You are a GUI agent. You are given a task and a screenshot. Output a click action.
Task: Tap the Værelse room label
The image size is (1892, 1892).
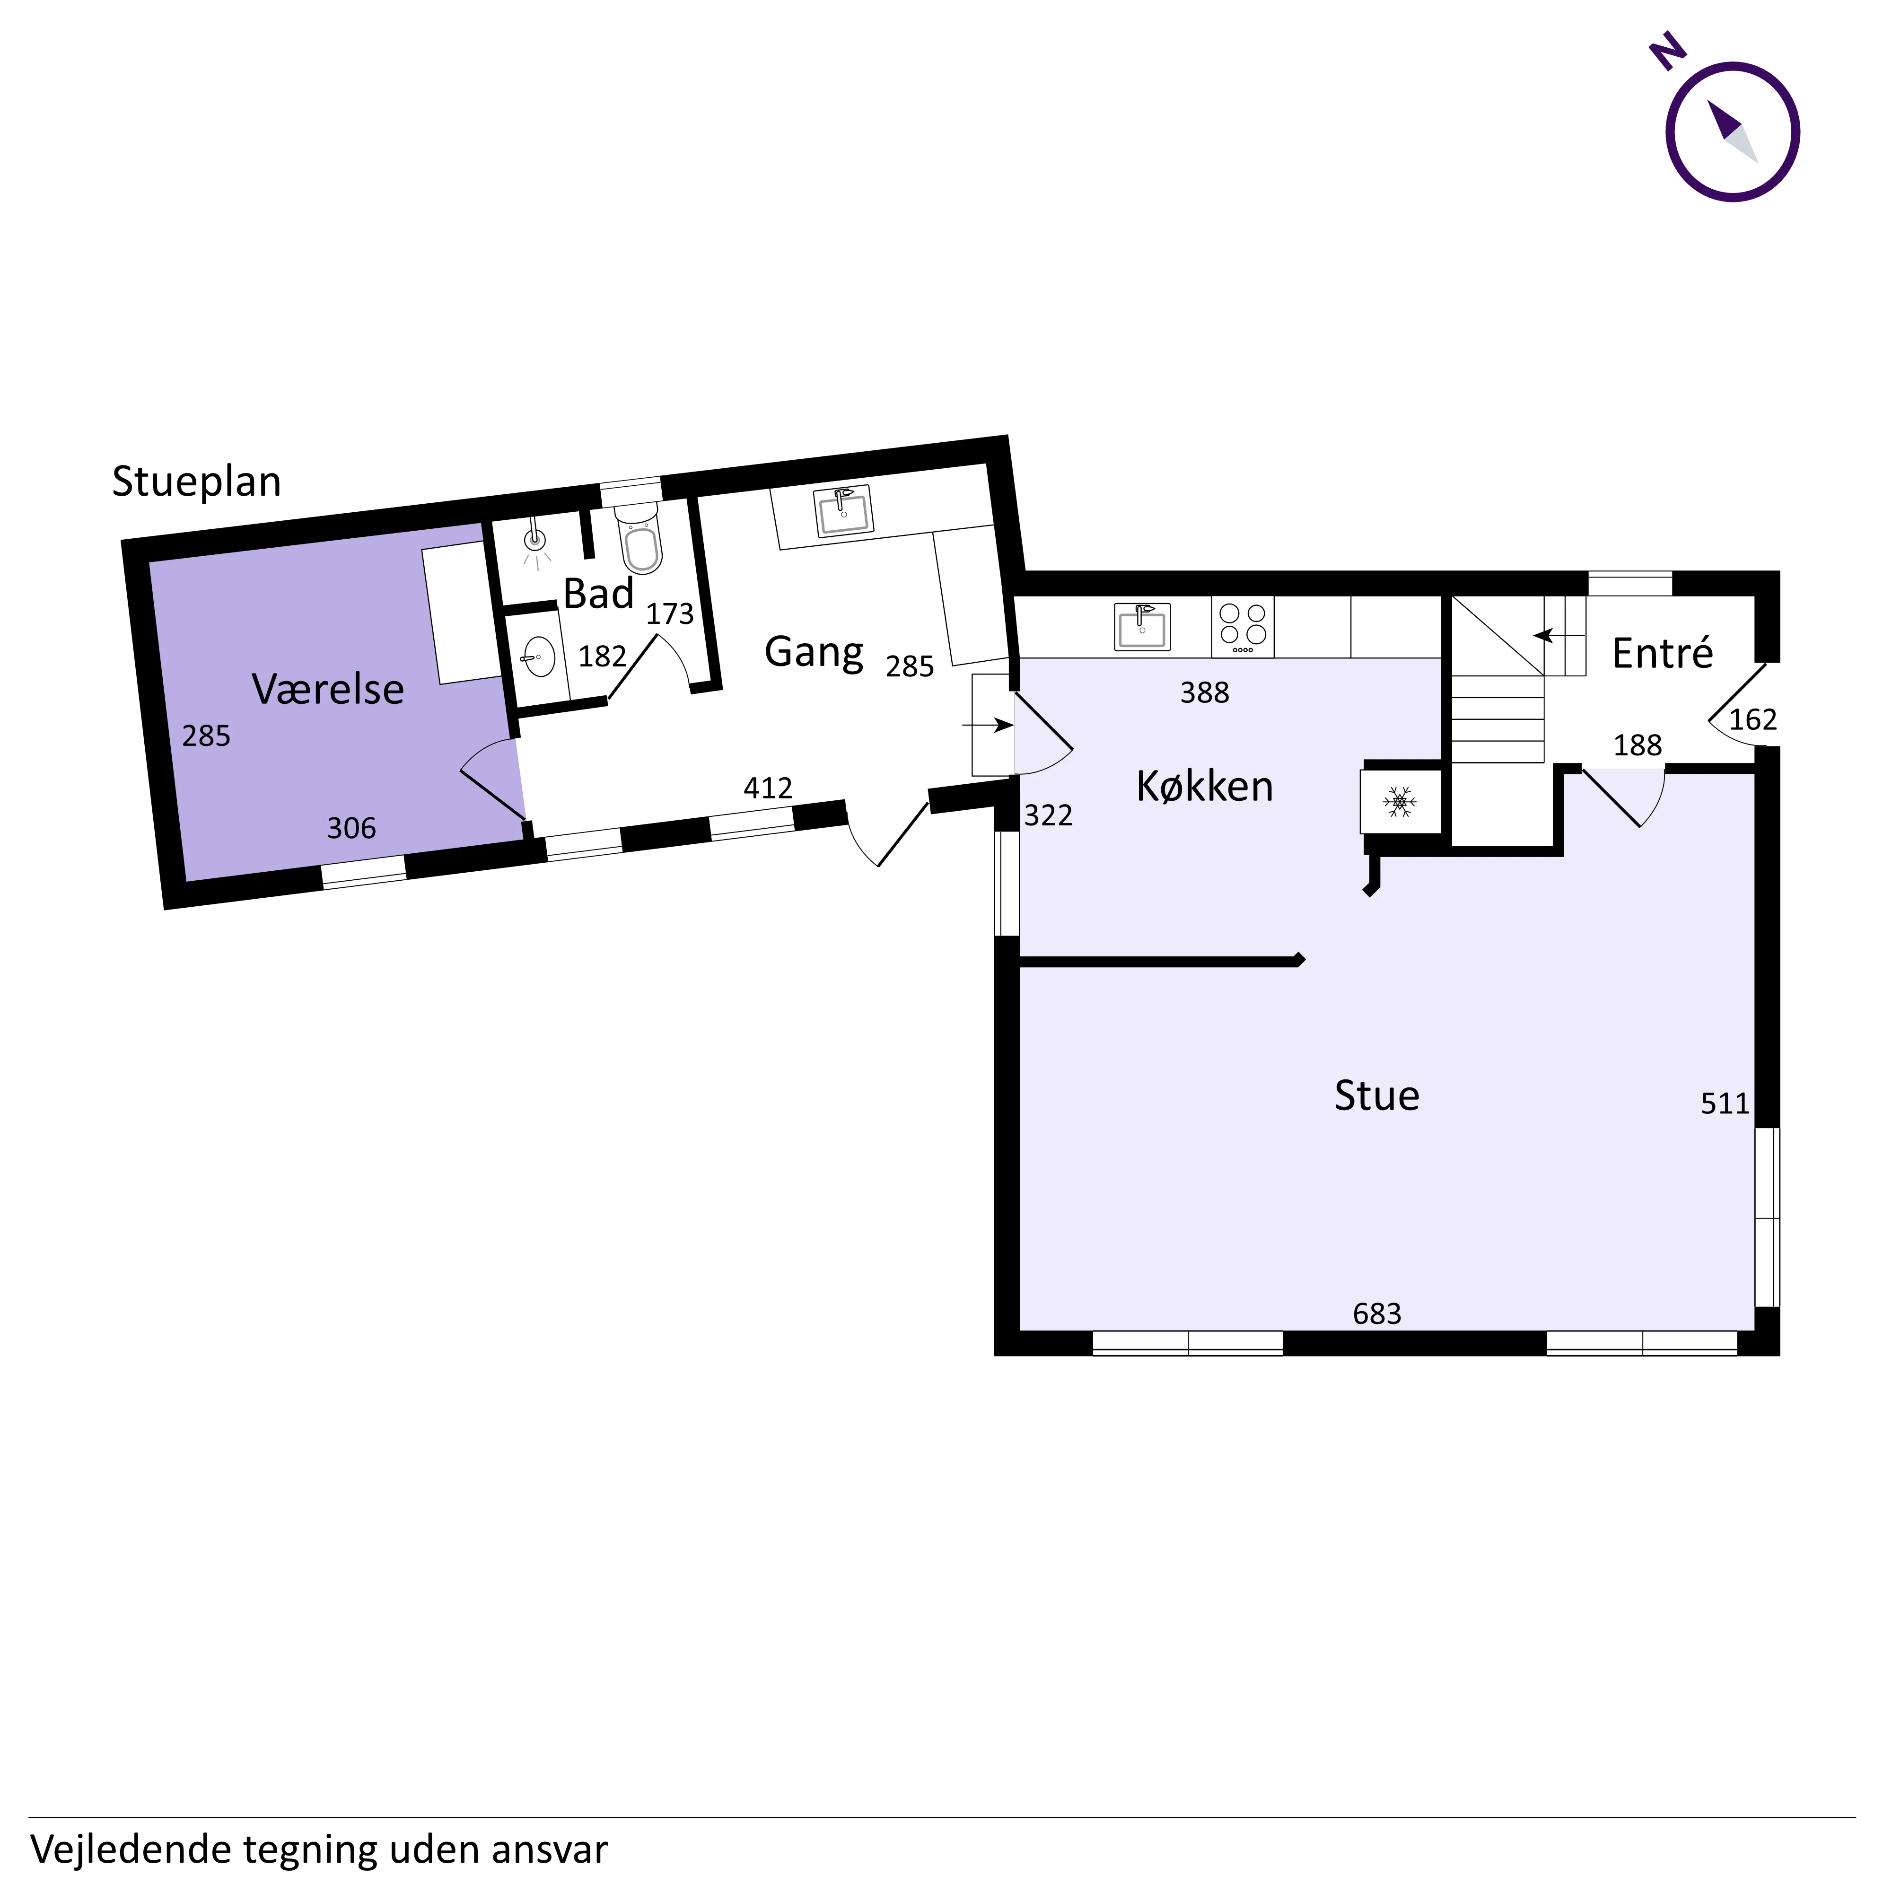click(328, 690)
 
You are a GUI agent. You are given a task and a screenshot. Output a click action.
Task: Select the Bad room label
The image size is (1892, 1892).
click(598, 595)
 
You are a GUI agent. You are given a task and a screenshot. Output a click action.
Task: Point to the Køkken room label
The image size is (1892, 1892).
click(1205, 787)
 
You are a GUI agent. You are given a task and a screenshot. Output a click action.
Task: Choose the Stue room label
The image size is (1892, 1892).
click(1377, 1096)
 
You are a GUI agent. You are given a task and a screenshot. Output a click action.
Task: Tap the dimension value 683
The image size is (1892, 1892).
click(1377, 1314)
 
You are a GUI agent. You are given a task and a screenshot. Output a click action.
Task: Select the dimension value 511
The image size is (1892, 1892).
click(1725, 1104)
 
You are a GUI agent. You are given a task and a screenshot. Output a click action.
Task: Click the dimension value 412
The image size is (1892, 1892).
click(768, 788)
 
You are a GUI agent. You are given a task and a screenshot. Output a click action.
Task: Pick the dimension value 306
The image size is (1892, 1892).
click(351, 829)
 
